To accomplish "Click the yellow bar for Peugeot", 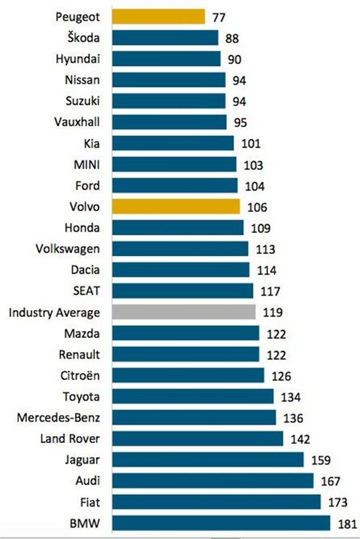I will pyautogui.click(x=158, y=17).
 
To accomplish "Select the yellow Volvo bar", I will pyautogui.click(x=176, y=206).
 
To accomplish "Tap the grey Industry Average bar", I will pyautogui.click(x=183, y=312).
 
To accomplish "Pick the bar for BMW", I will pyautogui.click(x=221, y=523).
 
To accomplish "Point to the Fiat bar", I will pyautogui.click(x=216, y=502).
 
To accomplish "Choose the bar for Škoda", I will pyautogui.click(x=165, y=38).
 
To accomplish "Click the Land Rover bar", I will pyautogui.click(x=197, y=439).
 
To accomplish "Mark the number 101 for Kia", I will pyautogui.click(x=252, y=144).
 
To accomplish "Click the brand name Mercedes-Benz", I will pyautogui.click(x=59, y=417).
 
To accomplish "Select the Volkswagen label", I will pyautogui.click(x=67, y=248).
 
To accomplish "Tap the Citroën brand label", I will pyautogui.click(x=79, y=375).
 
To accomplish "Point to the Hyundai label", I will pyautogui.click(x=78, y=59).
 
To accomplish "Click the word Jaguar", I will pyautogui.click(x=83, y=460).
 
